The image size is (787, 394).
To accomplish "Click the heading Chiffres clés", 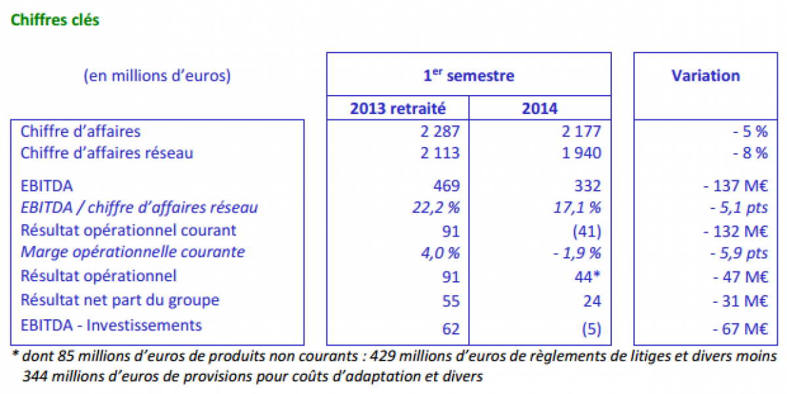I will click(x=54, y=20).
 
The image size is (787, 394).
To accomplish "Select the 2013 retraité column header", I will click(x=397, y=108).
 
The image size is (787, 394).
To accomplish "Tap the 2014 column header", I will click(x=540, y=108).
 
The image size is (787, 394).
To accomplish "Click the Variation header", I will click(x=706, y=75).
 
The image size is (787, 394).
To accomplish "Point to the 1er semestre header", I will click(x=468, y=75).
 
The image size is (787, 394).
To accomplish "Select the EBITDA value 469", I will click(x=447, y=184).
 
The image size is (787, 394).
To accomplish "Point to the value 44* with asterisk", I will click(x=587, y=277).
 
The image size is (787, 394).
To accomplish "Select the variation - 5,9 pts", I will click(x=739, y=253).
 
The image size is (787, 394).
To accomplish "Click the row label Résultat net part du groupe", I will click(x=120, y=300).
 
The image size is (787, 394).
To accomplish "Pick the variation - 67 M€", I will click(x=741, y=328).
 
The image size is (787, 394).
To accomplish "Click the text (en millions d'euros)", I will click(x=157, y=75).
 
